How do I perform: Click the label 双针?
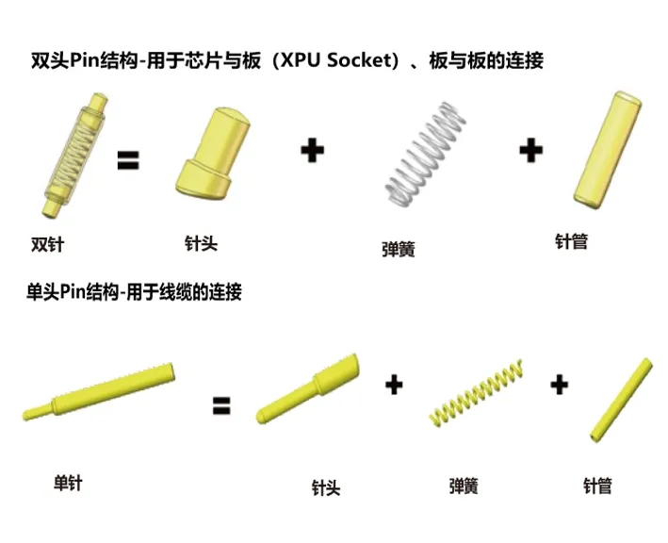tap(47, 244)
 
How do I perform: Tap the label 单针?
tap(68, 484)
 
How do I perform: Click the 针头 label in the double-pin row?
tap(201, 243)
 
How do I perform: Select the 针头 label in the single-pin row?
tap(326, 487)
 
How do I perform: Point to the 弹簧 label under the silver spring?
tap(399, 249)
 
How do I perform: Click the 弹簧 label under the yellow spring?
tap(464, 485)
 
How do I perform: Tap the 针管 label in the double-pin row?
tap(571, 241)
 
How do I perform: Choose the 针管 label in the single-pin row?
tap(597, 485)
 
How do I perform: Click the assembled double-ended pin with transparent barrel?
tap(75, 156)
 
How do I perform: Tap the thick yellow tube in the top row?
tap(608, 150)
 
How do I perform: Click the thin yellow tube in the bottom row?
tap(621, 401)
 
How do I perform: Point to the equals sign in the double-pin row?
tap(128, 160)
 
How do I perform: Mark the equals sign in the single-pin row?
tap(221, 405)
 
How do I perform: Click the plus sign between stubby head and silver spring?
tap(312, 150)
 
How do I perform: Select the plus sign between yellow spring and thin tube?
tap(559, 385)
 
